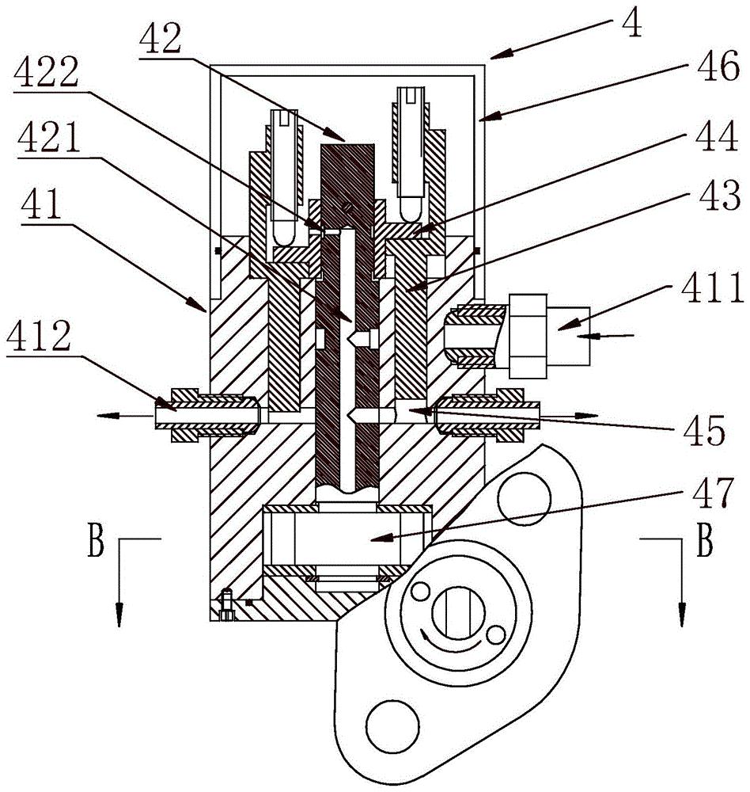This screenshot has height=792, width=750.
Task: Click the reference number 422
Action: [46, 71]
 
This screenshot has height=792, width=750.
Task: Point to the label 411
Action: [712, 287]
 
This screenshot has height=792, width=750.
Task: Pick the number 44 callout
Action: [717, 135]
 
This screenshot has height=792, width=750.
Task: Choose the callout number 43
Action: [719, 195]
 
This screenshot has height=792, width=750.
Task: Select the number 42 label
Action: [161, 39]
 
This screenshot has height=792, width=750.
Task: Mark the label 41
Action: [41, 204]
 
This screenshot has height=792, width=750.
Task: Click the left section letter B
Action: [96, 540]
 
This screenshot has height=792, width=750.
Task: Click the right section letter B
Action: [705, 540]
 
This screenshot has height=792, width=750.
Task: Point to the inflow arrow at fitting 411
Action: [605, 335]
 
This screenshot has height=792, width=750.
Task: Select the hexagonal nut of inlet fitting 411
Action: [528, 336]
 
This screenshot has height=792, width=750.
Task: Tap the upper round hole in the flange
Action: [524, 497]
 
